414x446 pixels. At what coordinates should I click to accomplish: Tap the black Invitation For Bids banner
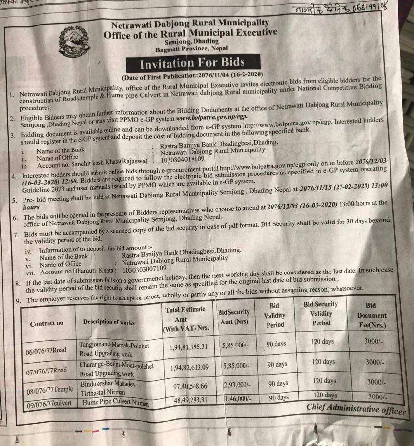(x=192, y=64)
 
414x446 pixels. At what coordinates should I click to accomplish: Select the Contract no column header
(x=47, y=323)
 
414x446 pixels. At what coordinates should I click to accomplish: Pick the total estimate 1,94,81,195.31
(x=189, y=347)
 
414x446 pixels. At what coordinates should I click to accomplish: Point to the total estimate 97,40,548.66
(x=189, y=386)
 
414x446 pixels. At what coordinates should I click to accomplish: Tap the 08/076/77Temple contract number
(x=49, y=390)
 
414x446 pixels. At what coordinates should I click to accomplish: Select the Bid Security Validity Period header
(x=320, y=314)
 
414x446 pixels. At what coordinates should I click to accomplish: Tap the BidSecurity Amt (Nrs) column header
(x=234, y=316)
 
